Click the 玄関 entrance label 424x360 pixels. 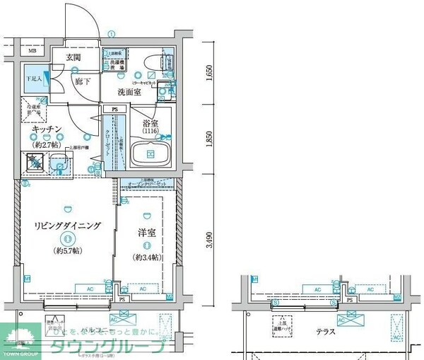[73, 57]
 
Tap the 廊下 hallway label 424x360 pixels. [83, 82]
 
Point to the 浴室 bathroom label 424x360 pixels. [148, 122]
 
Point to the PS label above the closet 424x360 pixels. [114, 109]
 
